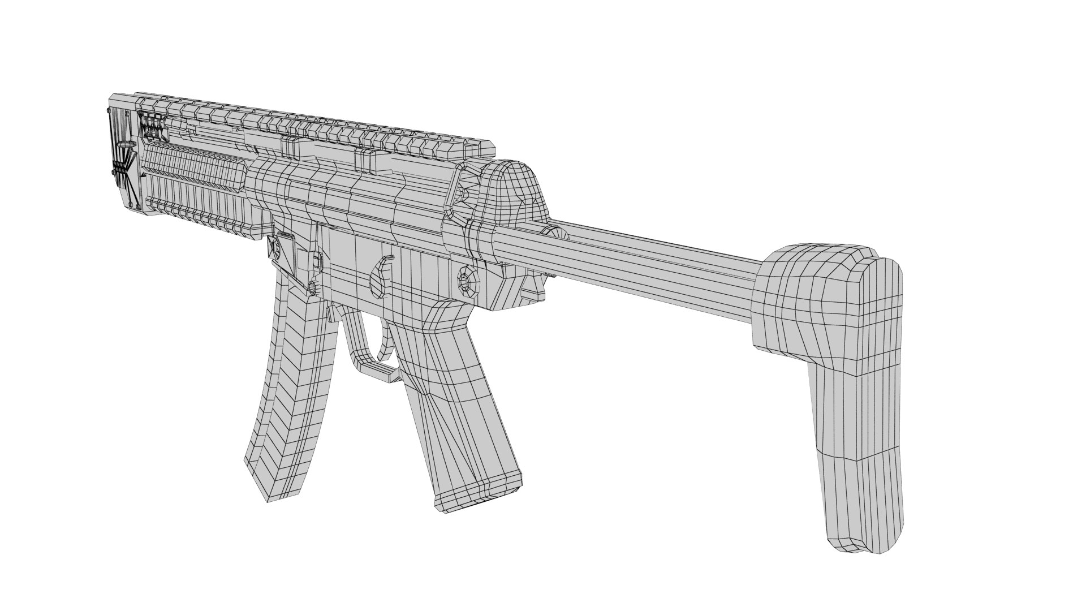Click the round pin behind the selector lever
point(469,280)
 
